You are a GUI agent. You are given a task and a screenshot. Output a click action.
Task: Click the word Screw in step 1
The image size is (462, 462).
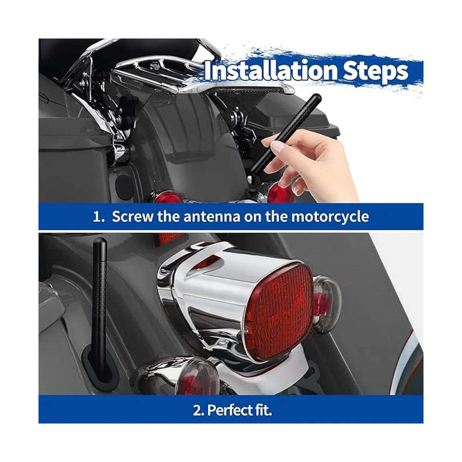tap(132, 216)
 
